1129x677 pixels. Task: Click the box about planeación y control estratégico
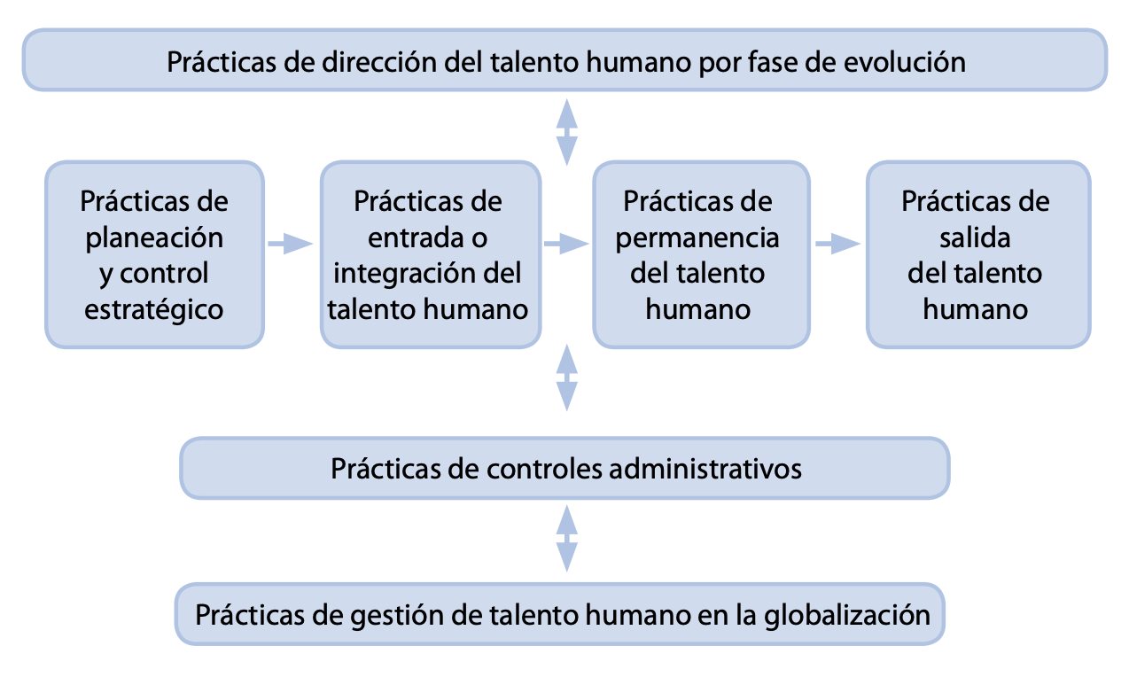(155, 254)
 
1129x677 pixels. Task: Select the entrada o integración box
(431, 254)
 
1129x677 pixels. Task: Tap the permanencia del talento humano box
(701, 254)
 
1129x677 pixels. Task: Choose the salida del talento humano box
(977, 254)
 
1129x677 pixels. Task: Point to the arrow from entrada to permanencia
(566, 243)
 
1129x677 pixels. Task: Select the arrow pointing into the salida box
(837, 243)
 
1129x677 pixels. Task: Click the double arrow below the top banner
(566, 132)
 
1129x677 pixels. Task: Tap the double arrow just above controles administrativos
(566, 377)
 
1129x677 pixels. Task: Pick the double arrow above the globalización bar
(566, 539)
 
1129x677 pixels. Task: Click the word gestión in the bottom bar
(370, 614)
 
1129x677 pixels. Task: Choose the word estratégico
(155, 309)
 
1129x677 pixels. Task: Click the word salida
(975, 237)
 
